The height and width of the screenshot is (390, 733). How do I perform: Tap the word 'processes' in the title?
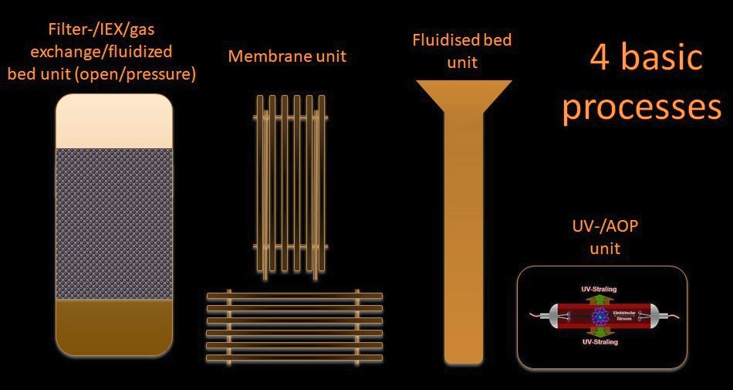tap(641, 108)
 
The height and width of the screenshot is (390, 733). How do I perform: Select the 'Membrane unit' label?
tap(287, 56)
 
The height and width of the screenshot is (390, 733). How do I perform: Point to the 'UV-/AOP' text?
tap(600, 229)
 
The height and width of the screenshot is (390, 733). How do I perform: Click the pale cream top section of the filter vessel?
tap(114, 120)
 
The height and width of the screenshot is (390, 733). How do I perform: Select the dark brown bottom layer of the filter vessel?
tap(114, 328)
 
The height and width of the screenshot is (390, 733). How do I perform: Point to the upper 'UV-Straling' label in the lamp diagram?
tap(599, 289)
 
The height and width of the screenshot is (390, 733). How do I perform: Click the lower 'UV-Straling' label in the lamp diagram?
tap(599, 342)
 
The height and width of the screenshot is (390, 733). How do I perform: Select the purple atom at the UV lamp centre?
tap(599, 315)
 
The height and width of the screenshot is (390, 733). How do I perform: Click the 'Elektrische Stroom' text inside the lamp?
tap(623, 315)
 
